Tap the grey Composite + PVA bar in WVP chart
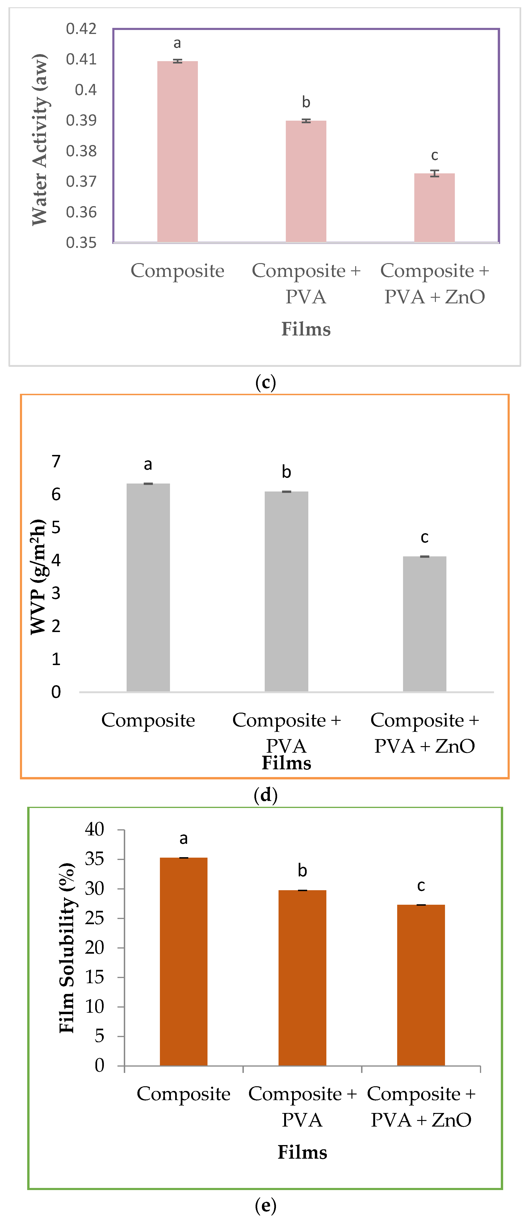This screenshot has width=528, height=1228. (286, 591)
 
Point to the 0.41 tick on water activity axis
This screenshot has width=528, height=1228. (81, 59)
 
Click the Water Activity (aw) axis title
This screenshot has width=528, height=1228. (40, 139)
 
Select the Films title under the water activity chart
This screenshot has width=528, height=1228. (306, 329)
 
